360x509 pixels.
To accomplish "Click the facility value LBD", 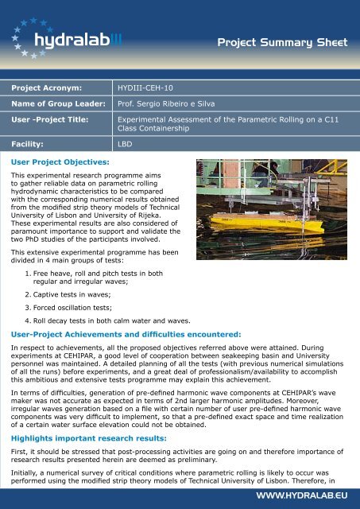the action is pos(124,146).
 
